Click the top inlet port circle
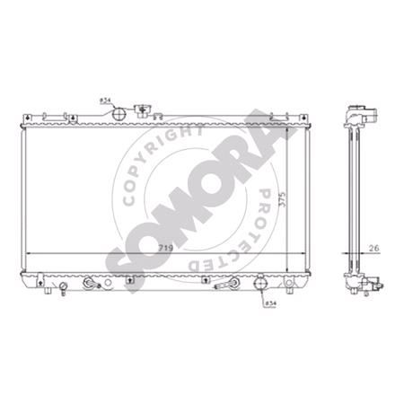coord(119,114)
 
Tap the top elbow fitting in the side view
coord(356,116)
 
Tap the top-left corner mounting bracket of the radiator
coord(28,119)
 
